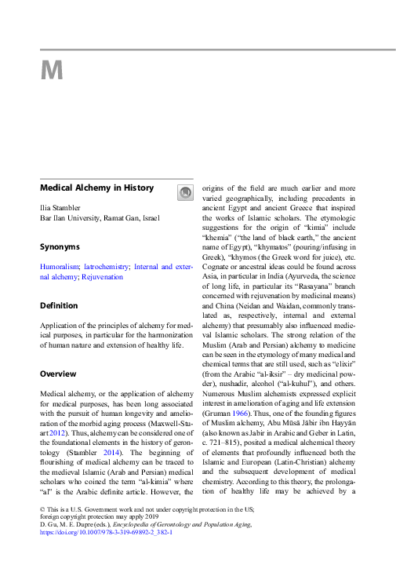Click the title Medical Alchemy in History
[x=96, y=188]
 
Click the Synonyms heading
[x=60, y=246]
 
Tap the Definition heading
[x=59, y=305]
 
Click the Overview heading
[x=57, y=374]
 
